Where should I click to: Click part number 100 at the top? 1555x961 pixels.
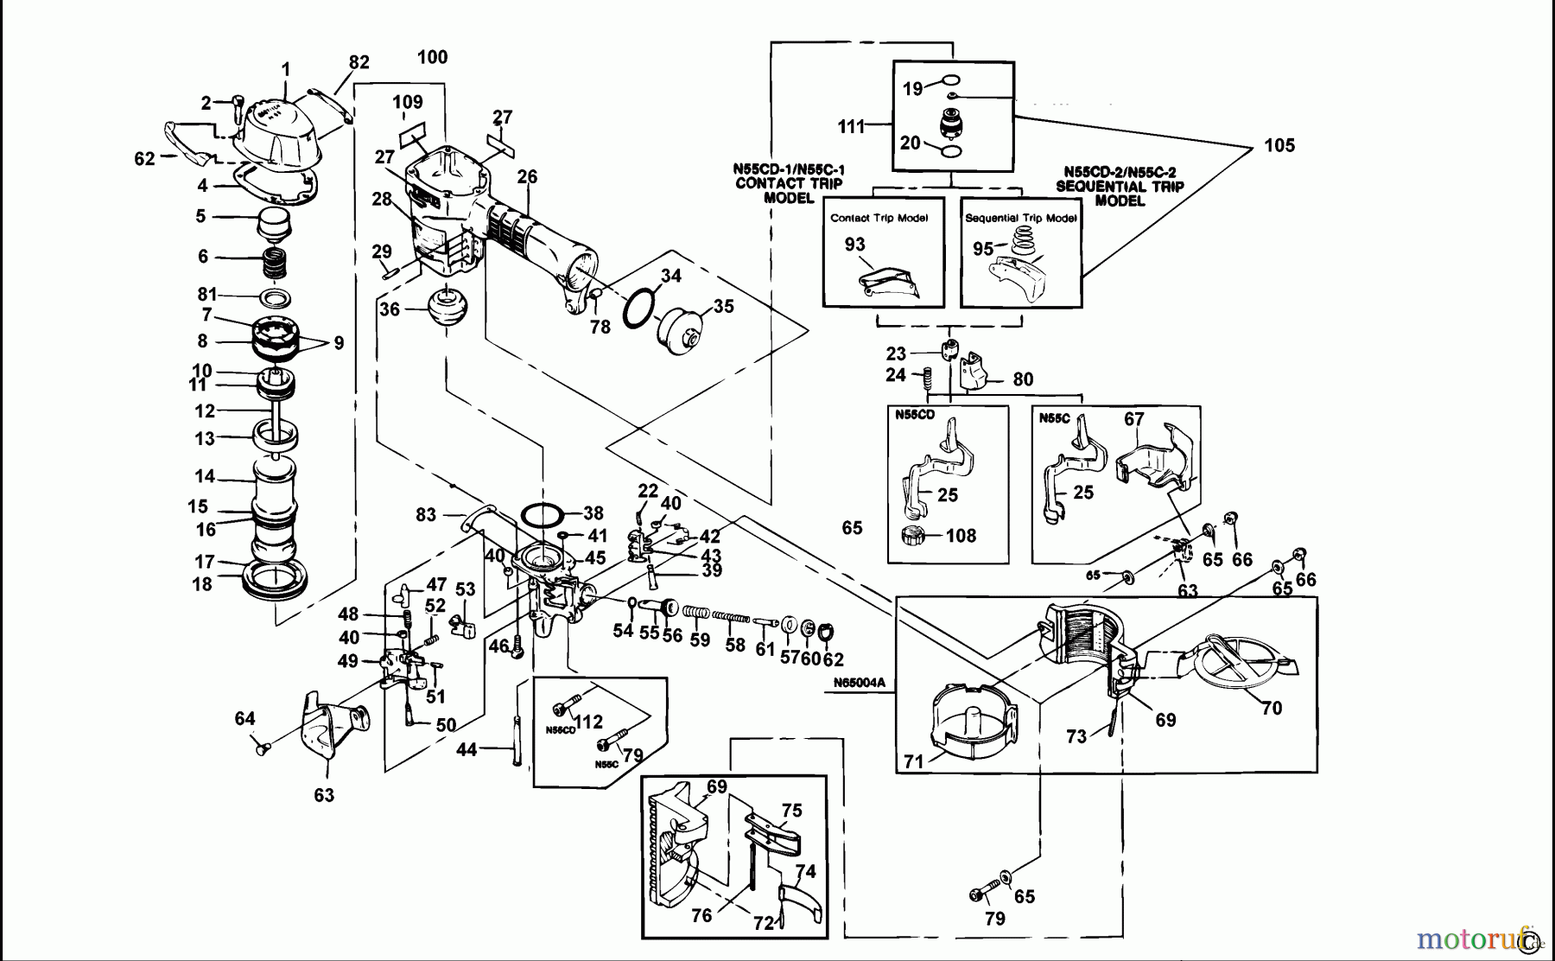[432, 58]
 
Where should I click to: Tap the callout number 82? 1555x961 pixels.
[359, 62]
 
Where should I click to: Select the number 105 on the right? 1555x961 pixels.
[1279, 145]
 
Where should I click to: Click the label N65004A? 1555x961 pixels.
[860, 683]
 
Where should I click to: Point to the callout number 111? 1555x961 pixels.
[851, 127]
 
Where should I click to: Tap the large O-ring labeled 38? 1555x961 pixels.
[543, 516]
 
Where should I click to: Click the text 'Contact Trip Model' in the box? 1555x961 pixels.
[879, 218]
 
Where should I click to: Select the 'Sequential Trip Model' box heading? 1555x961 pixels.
[1020, 218]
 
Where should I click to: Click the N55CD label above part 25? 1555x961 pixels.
[915, 415]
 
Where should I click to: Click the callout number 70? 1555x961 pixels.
[1271, 709]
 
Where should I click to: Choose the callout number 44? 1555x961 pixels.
[466, 749]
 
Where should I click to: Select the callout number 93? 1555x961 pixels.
[854, 244]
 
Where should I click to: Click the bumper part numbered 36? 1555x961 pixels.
[447, 309]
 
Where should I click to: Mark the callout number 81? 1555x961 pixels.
[207, 295]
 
